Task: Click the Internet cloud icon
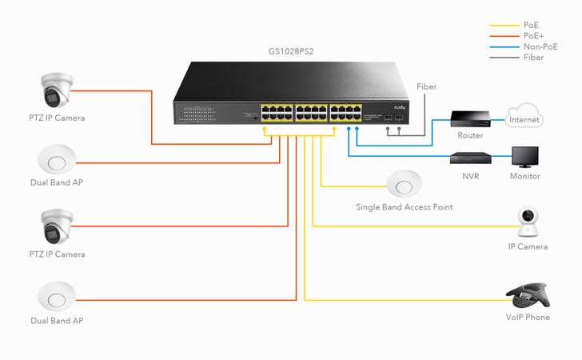524,118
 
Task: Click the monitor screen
524,156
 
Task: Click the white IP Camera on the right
527,222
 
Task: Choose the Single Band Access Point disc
404,184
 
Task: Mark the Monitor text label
524,176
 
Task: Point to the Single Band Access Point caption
404,207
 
